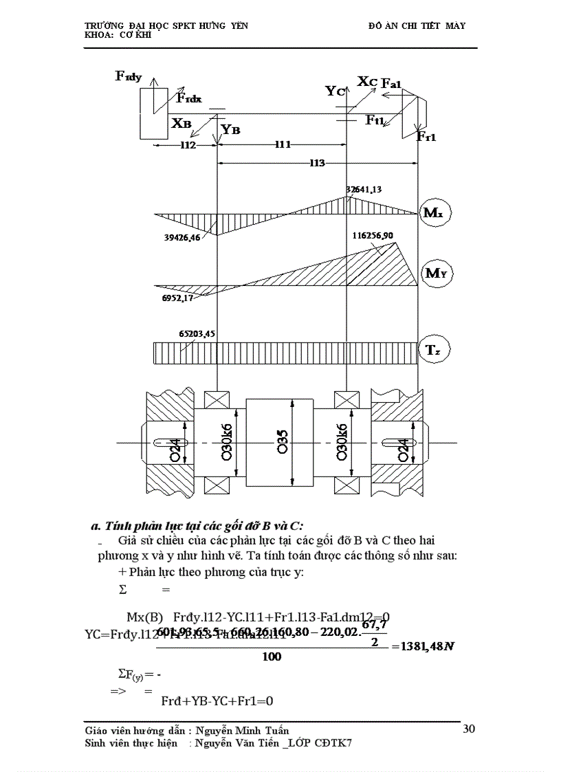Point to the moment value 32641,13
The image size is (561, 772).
364,189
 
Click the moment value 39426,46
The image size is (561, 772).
182,237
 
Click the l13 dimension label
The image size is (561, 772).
317,163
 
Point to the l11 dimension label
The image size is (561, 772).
283,144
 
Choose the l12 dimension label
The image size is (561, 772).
188,145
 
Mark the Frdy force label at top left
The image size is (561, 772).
129,76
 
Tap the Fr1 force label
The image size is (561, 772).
426,136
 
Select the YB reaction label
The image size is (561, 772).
230,130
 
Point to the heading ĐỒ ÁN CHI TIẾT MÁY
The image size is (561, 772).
417,25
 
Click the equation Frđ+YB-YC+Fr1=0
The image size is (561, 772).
208,701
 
